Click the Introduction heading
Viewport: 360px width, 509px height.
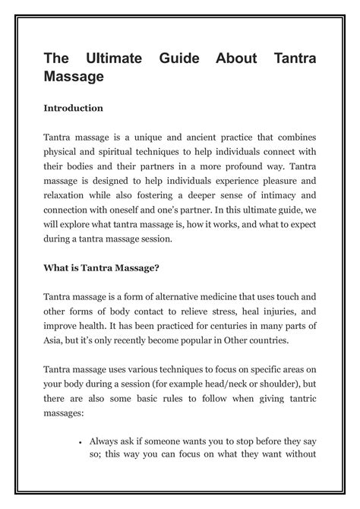[x=73, y=109]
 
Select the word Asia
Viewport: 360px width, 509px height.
[x=55, y=345]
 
